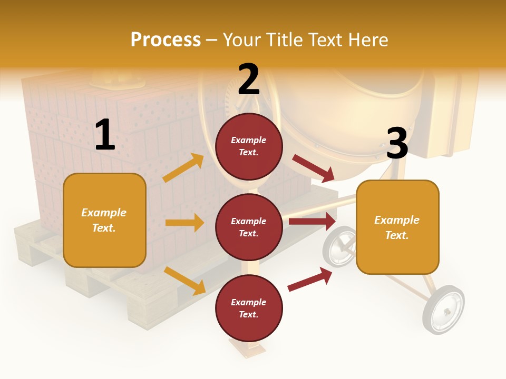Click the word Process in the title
pyautogui.click(x=166, y=40)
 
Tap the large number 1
pyautogui.click(x=105, y=135)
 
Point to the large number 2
pyautogui.click(x=249, y=80)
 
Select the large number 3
pyautogui.click(x=397, y=144)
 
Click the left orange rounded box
pyautogui.click(x=104, y=220)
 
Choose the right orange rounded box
pyautogui.click(x=397, y=227)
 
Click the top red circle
pyautogui.click(x=249, y=146)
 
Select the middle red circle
pyautogui.click(x=249, y=227)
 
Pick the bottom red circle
pyautogui.click(x=249, y=308)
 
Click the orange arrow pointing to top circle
pyautogui.click(x=183, y=168)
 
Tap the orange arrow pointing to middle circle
pyautogui.click(x=184, y=223)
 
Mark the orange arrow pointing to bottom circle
pyautogui.click(x=185, y=280)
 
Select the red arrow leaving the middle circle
pyautogui.click(x=312, y=221)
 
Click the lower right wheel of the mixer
pyautogui.click(x=443, y=310)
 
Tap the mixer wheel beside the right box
pyautogui.click(x=339, y=247)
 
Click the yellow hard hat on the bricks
pyautogui.click(x=117, y=80)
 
